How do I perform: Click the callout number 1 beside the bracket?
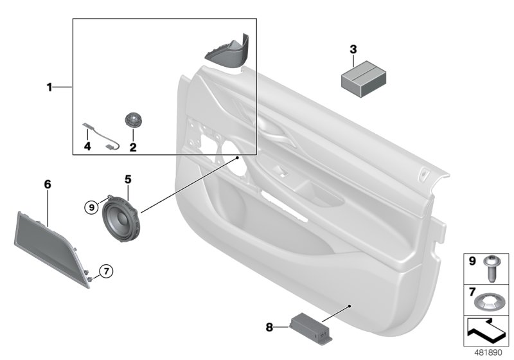(49, 87)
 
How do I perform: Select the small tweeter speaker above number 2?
(134, 120)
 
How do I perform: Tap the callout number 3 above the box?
(353, 49)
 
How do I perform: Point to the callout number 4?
(87, 147)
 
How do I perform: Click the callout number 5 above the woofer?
(127, 179)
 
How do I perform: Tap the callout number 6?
(47, 185)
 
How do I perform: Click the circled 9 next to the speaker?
(92, 207)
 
